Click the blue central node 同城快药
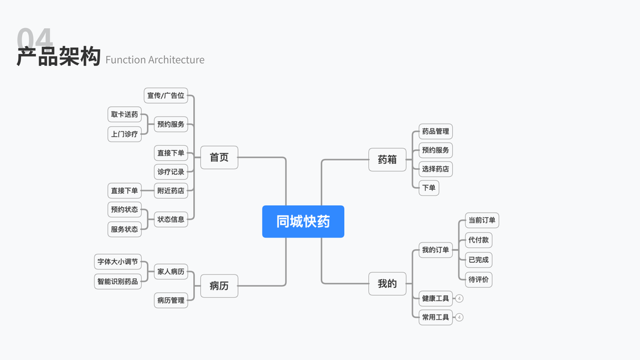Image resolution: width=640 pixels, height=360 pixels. click(303, 221)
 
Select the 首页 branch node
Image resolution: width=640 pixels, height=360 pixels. click(219, 157)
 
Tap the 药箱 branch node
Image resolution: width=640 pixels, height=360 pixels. click(387, 160)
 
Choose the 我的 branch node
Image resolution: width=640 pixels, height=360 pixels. click(387, 284)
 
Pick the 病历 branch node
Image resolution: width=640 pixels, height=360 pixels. click(219, 286)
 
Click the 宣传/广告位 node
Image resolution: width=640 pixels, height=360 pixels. click(166, 95)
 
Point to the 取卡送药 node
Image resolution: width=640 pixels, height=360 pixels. click(124, 114)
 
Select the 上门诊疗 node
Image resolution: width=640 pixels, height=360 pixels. click(124, 134)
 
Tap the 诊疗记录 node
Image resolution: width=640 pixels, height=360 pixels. click(171, 172)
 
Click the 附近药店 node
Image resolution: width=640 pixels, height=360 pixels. click(171, 191)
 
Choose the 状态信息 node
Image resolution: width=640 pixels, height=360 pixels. click(171, 219)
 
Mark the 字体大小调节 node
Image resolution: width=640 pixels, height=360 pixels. click(118, 262)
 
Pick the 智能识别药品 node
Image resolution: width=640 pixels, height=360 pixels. click(118, 281)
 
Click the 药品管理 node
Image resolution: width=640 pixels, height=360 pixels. click(435, 131)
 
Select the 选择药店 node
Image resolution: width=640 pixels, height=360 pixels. click(435, 169)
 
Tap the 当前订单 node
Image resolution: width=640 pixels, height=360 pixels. click(482, 220)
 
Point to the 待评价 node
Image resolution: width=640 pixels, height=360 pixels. click(479, 279)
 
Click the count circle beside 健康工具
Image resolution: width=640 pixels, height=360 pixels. click(459, 298)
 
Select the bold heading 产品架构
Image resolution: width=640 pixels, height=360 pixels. click(58, 57)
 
